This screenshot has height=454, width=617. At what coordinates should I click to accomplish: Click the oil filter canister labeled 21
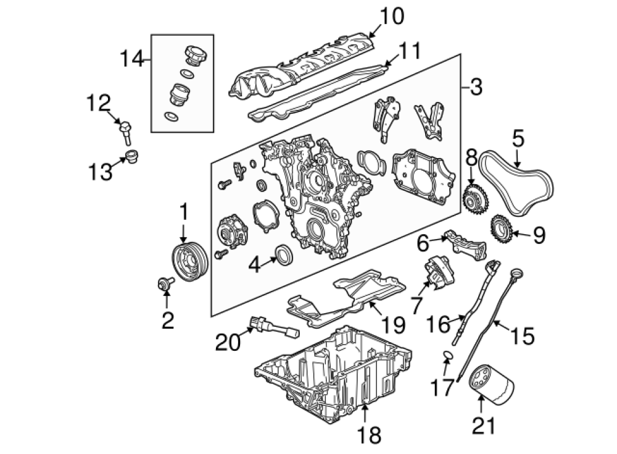[492, 385]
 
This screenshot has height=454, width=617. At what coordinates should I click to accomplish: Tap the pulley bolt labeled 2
[165, 284]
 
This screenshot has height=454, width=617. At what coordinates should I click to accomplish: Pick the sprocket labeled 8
[475, 200]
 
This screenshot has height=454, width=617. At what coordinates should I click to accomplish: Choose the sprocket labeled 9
[501, 229]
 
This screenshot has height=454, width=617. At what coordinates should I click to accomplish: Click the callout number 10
[391, 17]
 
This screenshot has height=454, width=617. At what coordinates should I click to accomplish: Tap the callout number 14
[131, 59]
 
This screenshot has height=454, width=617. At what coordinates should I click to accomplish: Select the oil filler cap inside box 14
[196, 56]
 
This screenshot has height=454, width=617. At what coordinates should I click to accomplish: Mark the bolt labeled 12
[125, 133]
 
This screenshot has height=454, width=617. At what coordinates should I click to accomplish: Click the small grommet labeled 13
[131, 156]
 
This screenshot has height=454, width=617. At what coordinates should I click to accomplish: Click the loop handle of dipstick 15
[516, 274]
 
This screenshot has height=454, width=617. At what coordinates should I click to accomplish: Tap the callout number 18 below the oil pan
[369, 435]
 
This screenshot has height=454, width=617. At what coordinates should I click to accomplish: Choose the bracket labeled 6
[465, 245]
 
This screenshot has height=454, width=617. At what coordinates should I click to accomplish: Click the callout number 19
[394, 326]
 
